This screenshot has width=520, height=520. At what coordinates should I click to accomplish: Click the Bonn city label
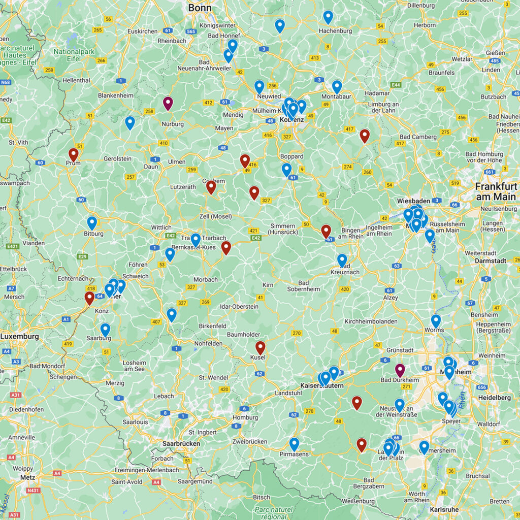point(200,7)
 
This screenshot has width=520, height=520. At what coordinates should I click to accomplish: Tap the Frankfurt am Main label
point(496,191)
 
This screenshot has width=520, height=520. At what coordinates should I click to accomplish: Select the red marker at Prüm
point(74,154)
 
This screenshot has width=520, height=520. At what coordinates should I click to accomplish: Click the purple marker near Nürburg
point(168,103)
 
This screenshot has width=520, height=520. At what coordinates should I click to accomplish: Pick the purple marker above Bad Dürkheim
point(400,370)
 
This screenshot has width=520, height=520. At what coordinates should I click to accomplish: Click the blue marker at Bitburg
point(92,222)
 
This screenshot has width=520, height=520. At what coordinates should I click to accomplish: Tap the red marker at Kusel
point(261,347)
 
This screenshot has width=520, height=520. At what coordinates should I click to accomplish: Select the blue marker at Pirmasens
point(294,444)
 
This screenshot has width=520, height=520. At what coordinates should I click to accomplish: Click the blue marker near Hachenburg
point(328,17)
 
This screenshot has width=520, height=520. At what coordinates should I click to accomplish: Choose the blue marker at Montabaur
point(337,86)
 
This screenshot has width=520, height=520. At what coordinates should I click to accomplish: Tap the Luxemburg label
point(19,337)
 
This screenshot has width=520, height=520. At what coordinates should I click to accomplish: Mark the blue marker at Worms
point(436,320)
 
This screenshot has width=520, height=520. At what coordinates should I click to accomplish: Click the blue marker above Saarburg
point(105,330)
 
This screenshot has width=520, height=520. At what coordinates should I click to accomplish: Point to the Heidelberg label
point(494,398)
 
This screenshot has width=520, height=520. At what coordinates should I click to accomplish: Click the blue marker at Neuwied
point(259,86)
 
